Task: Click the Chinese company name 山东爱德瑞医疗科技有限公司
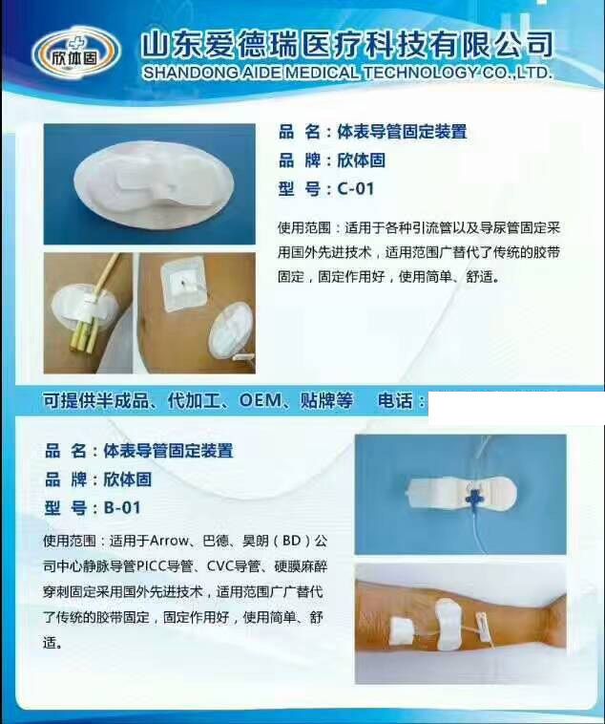pos(347,45)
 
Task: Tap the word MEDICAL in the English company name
pos(322,73)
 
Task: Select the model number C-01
pos(355,189)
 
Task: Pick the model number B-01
pos(122,508)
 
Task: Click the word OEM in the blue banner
pos(261,400)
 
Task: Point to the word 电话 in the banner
pos(395,400)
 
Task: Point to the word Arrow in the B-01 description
pos(169,541)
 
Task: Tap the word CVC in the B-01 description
pos(220,565)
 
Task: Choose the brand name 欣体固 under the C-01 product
pos(362,160)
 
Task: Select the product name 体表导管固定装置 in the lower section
pos(168,451)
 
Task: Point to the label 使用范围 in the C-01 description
pos(304,227)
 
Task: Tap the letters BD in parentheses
pos(291,541)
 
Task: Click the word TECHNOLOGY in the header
pos(420,73)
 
